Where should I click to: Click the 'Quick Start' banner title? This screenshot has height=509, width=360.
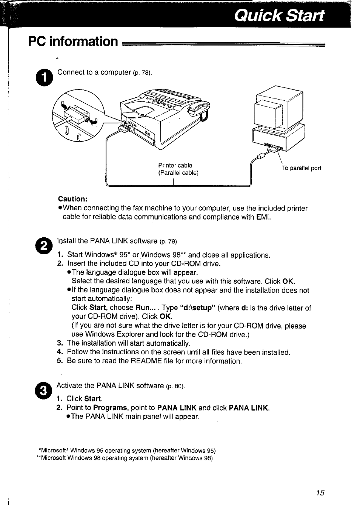pyautogui.click(x=278, y=15)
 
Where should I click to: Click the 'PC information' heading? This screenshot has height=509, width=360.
pyautogui.click(x=73, y=41)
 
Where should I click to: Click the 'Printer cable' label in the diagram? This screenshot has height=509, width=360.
pyautogui.click(x=175, y=165)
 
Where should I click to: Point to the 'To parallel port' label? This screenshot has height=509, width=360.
pyautogui.click(x=302, y=168)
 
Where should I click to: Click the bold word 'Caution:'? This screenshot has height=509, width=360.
pyautogui.click(x=72, y=199)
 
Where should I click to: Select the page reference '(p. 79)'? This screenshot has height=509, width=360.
pyautogui.click(x=169, y=241)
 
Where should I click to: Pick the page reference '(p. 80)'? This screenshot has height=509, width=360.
pyautogui.click(x=175, y=386)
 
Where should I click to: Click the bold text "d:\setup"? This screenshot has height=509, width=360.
pyautogui.click(x=197, y=308)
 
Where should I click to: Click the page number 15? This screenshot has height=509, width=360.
pyautogui.click(x=320, y=492)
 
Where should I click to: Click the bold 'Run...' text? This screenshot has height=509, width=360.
pyautogui.click(x=146, y=308)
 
